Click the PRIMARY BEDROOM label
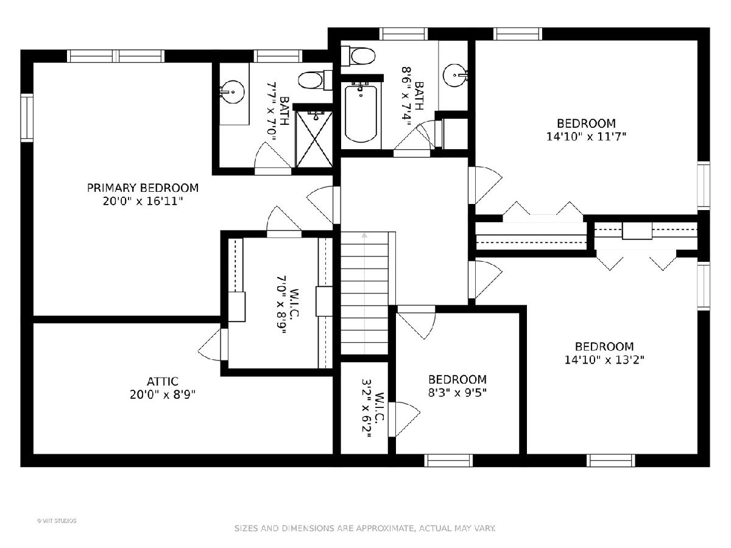click(x=143, y=188)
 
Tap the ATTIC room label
click(x=163, y=381)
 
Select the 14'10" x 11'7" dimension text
click(x=586, y=136)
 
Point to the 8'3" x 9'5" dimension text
click(x=457, y=393)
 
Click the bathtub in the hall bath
click(x=361, y=114)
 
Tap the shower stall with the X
click(x=314, y=139)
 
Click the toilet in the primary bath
click(x=315, y=80)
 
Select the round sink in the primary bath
click(x=232, y=91)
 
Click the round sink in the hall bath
click(x=456, y=76)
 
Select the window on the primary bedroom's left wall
click(x=27, y=118)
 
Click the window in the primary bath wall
click(x=278, y=56)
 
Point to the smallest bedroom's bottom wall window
click(x=448, y=460)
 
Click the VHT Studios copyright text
click(x=57, y=521)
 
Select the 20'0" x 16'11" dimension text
click(x=143, y=202)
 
